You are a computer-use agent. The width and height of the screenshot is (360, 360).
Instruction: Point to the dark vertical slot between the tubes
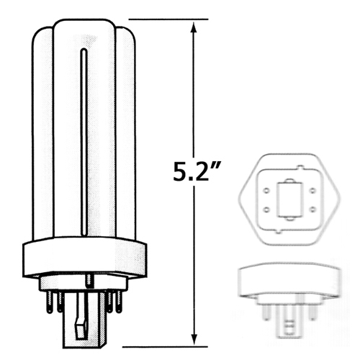(x=85, y=144)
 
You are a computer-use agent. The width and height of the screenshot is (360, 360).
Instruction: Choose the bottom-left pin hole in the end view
(x=266, y=209)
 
